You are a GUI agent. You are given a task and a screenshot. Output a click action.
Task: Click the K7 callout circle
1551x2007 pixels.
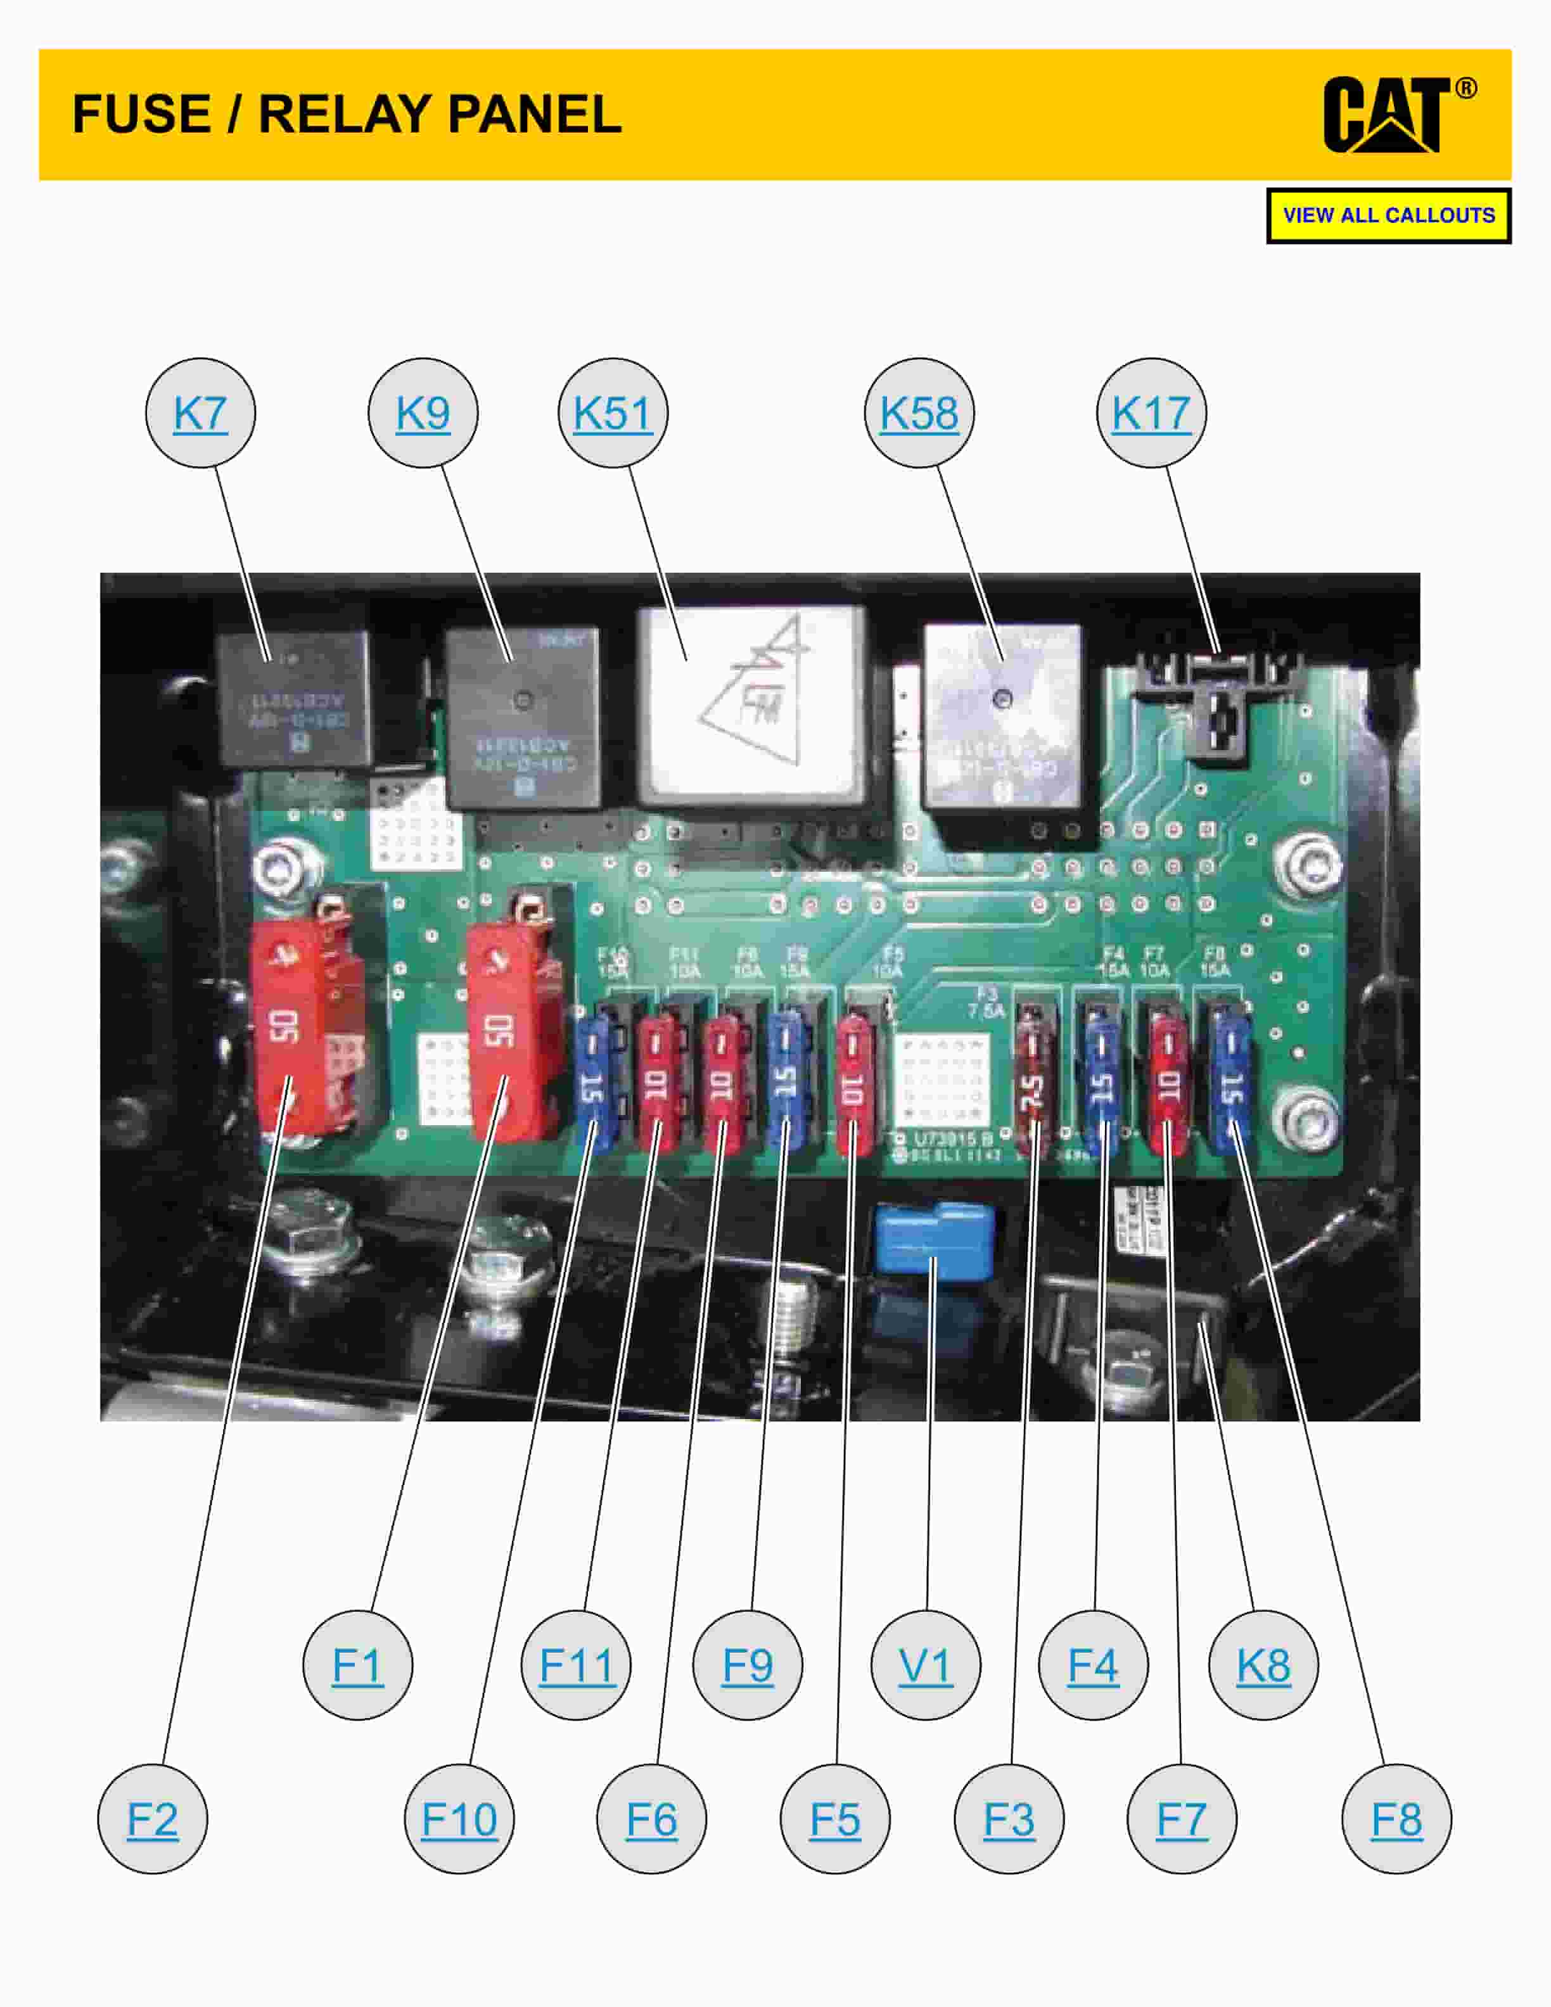point(200,412)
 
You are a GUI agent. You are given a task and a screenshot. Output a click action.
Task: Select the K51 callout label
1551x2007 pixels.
point(613,412)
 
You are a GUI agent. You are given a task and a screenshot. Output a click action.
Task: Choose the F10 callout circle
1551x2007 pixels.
point(459,1819)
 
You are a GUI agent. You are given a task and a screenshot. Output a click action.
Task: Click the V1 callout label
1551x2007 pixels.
point(925,1665)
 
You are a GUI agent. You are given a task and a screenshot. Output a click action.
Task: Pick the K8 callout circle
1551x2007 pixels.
point(1263,1665)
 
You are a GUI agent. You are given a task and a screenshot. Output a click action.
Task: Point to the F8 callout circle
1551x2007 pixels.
point(1396,1819)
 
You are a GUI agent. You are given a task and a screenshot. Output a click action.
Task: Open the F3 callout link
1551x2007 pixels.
point(1009,1819)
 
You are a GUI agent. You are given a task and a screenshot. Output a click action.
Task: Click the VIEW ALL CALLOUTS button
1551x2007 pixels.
point(1388,216)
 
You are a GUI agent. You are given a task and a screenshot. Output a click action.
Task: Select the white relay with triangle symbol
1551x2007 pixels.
point(751,705)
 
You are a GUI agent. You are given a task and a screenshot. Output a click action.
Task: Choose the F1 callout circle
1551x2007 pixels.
point(357,1665)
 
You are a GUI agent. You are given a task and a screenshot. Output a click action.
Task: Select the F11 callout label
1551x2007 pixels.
point(576,1665)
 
